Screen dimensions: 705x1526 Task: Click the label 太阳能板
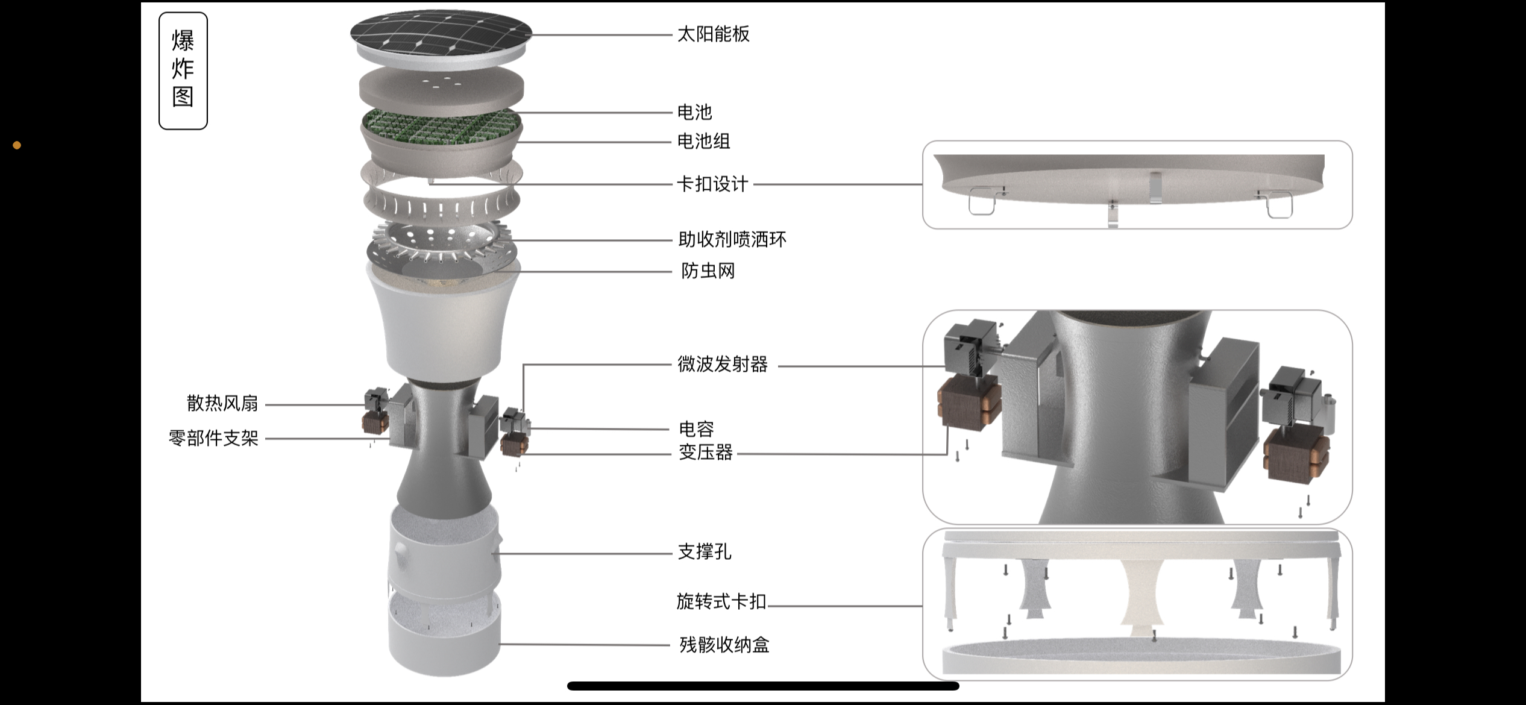pyautogui.click(x=713, y=34)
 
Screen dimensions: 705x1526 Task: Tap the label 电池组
pyautogui.click(x=703, y=142)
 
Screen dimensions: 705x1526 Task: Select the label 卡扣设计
pyautogui.click(x=712, y=184)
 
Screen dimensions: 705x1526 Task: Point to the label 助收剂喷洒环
pyautogui.click(x=732, y=240)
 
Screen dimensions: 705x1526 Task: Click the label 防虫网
pyautogui.click(x=708, y=271)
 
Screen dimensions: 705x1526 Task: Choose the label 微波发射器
pyautogui.click(x=722, y=365)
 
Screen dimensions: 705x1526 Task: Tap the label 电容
pyautogui.click(x=696, y=429)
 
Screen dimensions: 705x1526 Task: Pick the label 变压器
pyautogui.click(x=705, y=452)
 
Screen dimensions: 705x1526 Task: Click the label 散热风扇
pyautogui.click(x=222, y=404)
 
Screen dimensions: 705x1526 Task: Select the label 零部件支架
pyautogui.click(x=213, y=438)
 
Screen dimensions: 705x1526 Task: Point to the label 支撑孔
pyautogui.click(x=704, y=552)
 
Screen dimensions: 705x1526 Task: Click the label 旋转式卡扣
pyautogui.click(x=721, y=601)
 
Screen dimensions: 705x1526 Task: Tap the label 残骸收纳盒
pyautogui.click(x=724, y=645)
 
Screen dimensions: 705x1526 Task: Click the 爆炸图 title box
pyautogui.click(x=183, y=70)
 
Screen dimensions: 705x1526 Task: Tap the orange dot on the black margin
pyautogui.click(x=17, y=145)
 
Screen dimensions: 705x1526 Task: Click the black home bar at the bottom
pyautogui.click(x=763, y=686)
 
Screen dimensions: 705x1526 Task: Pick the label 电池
pyautogui.click(x=694, y=112)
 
